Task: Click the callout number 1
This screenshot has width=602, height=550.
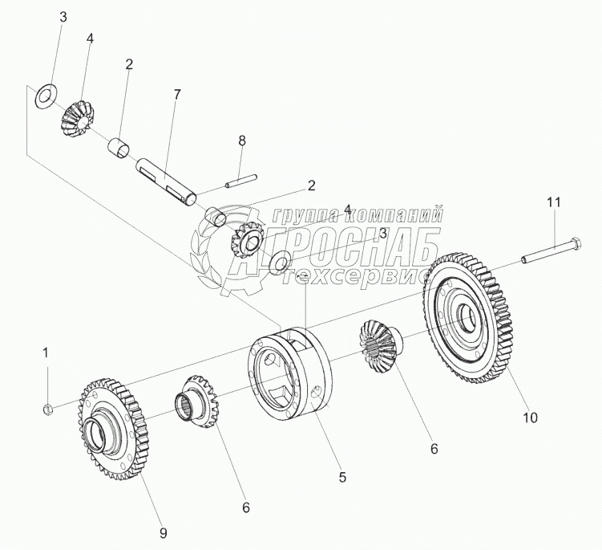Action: [x=46, y=352]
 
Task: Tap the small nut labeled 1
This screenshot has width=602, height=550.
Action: [x=47, y=409]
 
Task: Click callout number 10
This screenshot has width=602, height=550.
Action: [x=531, y=417]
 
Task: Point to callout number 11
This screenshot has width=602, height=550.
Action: [x=555, y=203]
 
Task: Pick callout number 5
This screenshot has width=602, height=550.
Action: [x=342, y=476]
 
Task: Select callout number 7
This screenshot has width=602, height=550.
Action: [x=177, y=95]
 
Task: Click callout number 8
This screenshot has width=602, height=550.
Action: [x=242, y=141]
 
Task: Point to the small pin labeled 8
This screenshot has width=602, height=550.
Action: [x=240, y=182]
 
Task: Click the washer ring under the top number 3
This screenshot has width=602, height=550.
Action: [x=45, y=95]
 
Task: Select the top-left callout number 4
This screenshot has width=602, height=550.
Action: [x=91, y=38]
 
